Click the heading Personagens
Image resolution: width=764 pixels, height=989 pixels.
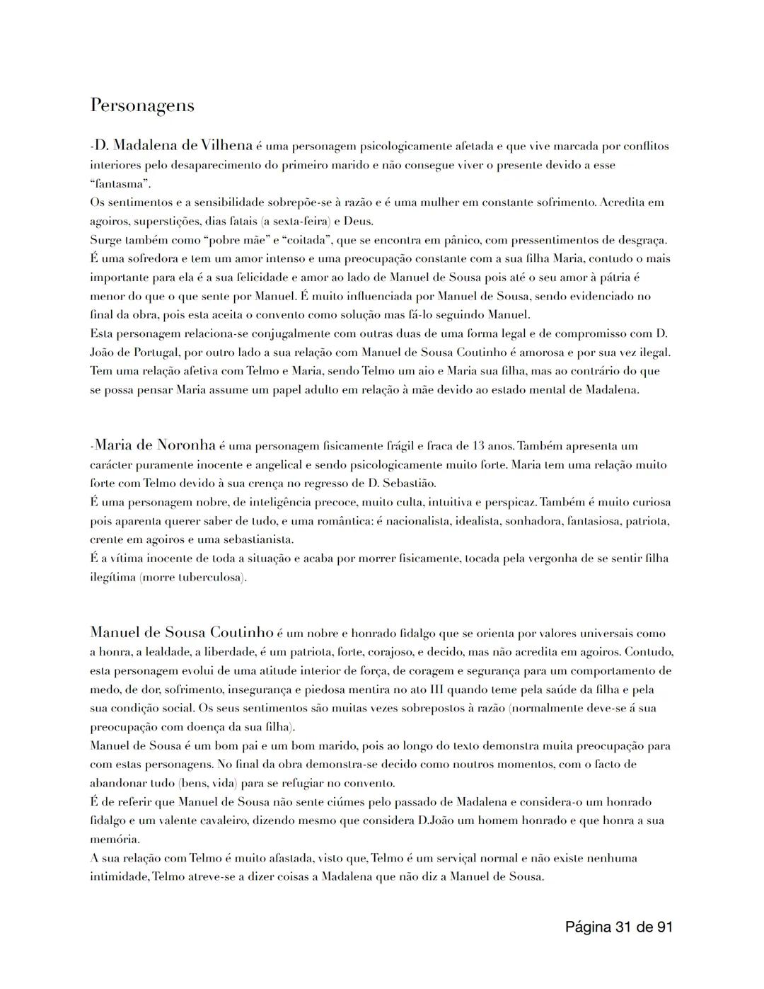141,105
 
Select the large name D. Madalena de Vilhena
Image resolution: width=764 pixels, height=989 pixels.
173,145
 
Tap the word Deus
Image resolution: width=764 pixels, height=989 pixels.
358,221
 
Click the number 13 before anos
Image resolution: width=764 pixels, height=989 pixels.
479,446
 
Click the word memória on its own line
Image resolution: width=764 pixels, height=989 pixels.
114,840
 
